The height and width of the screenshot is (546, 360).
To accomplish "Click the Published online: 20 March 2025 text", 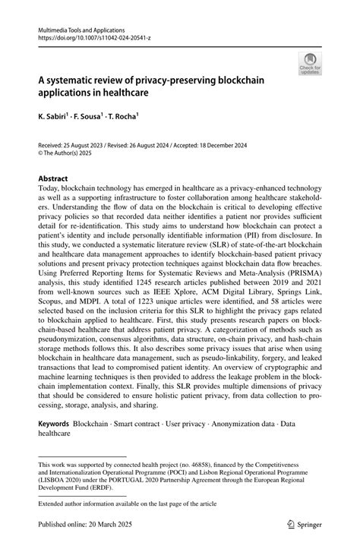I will (86, 522).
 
